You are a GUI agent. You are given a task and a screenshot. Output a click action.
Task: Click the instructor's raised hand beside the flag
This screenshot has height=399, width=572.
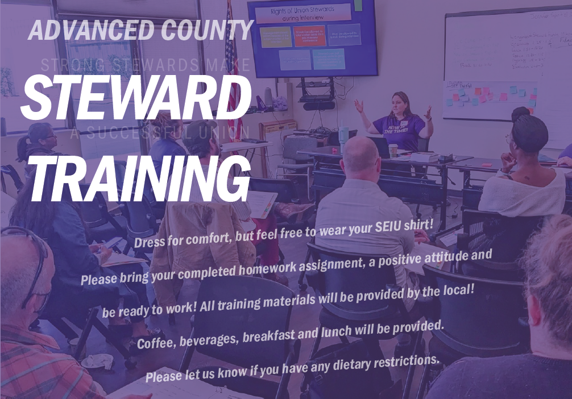[x=359, y=106]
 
